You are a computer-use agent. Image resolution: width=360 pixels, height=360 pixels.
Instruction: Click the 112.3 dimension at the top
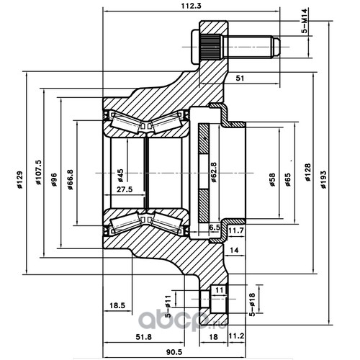click(191, 6)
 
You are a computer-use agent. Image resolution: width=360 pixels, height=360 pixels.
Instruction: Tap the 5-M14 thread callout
click(305, 21)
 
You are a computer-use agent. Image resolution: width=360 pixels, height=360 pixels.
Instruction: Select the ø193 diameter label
click(324, 179)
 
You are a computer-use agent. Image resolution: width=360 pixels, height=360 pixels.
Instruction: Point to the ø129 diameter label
click(19, 179)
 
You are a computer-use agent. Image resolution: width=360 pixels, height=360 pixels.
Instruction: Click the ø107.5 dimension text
click(39, 172)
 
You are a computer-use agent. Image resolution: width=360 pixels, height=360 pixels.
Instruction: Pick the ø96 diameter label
click(54, 179)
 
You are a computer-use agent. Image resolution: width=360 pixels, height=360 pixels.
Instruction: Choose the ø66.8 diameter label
click(70, 179)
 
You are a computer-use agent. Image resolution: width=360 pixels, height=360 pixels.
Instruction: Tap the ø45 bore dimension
click(120, 176)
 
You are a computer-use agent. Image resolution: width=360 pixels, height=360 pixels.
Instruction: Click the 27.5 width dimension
click(125, 189)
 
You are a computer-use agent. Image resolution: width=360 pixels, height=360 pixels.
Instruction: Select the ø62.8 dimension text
click(213, 172)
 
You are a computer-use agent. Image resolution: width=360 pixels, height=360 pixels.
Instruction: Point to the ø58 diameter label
click(272, 180)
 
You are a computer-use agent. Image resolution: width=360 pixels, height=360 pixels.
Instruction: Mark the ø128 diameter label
click(307, 172)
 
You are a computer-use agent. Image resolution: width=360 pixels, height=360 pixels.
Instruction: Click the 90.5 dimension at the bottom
click(174, 352)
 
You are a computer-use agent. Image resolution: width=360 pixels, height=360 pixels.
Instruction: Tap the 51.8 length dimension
click(144, 337)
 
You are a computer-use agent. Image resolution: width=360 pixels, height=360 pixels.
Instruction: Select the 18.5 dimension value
click(117, 305)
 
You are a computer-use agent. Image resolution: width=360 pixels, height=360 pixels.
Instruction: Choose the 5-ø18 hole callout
click(252, 305)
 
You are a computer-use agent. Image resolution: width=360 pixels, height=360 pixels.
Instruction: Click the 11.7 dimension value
click(236, 230)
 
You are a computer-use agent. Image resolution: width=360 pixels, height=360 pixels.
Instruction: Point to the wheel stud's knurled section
click(210, 48)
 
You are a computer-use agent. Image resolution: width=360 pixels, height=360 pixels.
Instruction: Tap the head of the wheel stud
click(196, 47)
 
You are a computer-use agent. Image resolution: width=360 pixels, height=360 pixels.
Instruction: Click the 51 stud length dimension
click(240, 78)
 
